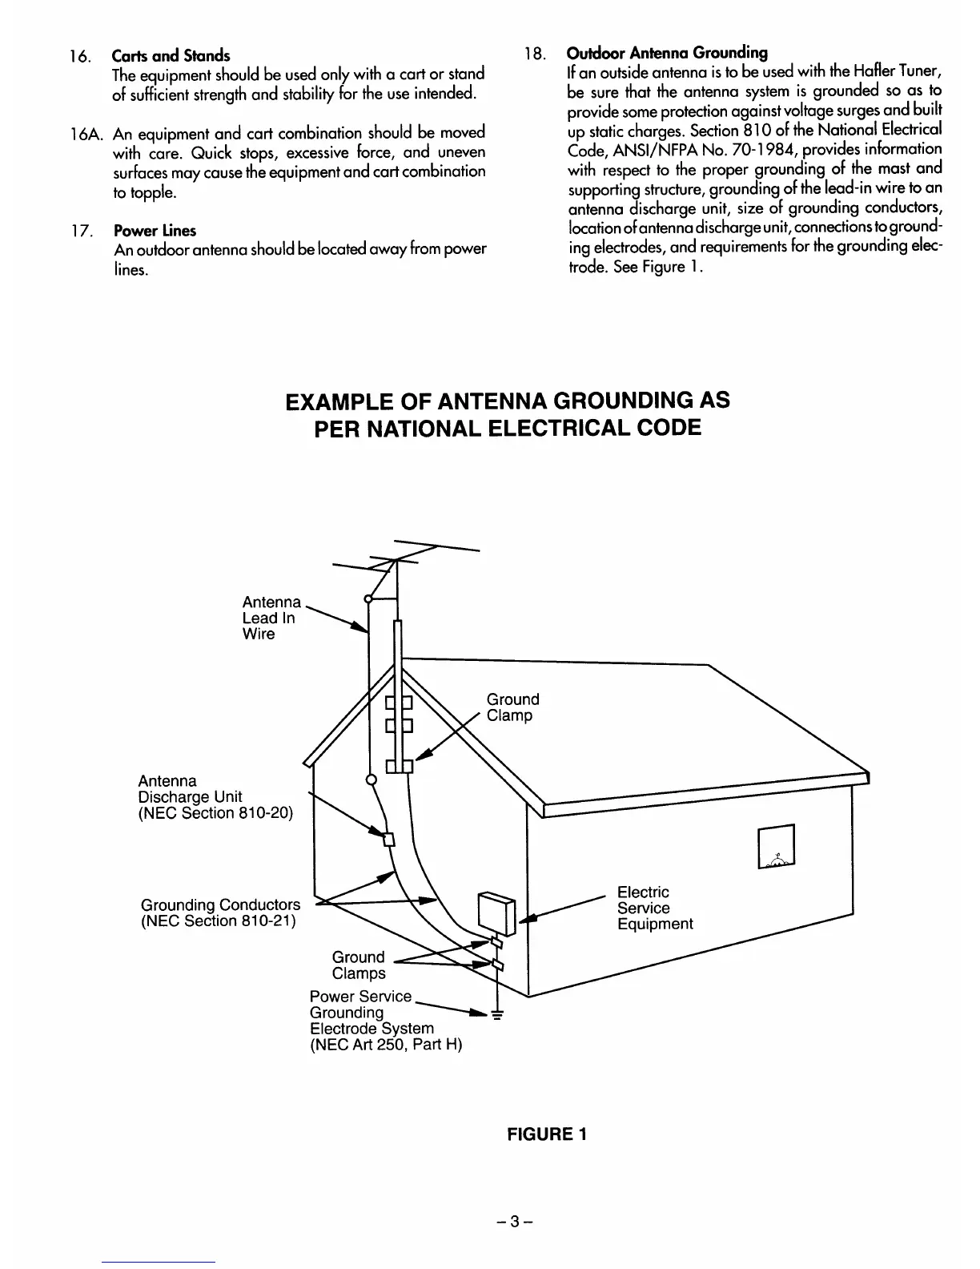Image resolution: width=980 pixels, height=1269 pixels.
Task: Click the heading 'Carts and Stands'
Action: (x=171, y=55)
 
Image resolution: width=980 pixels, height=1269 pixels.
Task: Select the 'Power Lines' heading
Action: (x=155, y=231)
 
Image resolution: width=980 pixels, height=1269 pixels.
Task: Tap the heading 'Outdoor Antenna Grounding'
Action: (x=667, y=54)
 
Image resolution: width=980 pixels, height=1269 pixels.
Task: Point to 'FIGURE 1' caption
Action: (x=547, y=1134)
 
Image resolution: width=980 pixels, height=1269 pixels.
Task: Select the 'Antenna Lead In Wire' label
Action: (x=271, y=618)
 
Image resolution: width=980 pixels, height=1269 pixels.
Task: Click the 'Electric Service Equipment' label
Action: (x=654, y=908)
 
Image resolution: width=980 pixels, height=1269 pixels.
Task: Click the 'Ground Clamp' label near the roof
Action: (x=512, y=707)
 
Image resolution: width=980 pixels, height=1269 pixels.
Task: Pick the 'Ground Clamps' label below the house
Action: (x=358, y=965)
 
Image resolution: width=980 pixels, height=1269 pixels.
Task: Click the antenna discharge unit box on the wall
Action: (x=390, y=840)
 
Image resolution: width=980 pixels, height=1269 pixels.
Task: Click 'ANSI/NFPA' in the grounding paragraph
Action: (x=642, y=149)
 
